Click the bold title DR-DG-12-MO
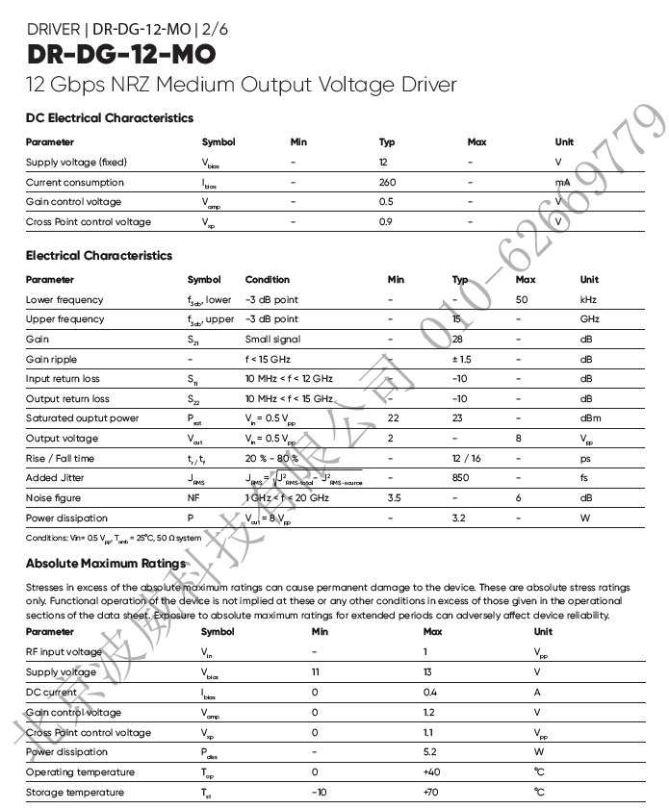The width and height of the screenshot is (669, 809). click(x=121, y=54)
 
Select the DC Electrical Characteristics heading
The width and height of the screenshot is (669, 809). click(x=110, y=118)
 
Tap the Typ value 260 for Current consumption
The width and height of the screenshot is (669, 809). click(x=387, y=182)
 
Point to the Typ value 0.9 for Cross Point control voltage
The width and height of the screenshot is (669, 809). click(x=386, y=222)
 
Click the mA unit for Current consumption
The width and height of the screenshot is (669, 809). click(x=562, y=182)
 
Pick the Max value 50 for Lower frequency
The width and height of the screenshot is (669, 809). click(x=522, y=299)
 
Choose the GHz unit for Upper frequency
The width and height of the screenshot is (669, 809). click(x=589, y=319)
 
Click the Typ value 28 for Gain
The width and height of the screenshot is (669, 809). click(x=457, y=340)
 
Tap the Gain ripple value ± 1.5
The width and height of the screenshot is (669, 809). click(x=461, y=359)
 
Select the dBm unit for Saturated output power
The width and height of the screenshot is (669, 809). click(x=590, y=418)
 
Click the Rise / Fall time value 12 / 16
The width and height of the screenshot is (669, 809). click(x=466, y=458)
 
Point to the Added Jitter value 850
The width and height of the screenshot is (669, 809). click(x=461, y=478)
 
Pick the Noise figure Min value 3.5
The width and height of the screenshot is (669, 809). click(x=394, y=498)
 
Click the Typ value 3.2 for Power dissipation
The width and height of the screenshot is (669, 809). click(x=459, y=518)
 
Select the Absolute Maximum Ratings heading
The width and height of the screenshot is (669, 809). click(x=106, y=564)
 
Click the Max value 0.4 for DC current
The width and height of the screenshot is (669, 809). click(x=430, y=693)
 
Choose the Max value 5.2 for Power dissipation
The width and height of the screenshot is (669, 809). click(x=430, y=752)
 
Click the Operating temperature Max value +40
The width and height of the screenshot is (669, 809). click(x=432, y=772)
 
